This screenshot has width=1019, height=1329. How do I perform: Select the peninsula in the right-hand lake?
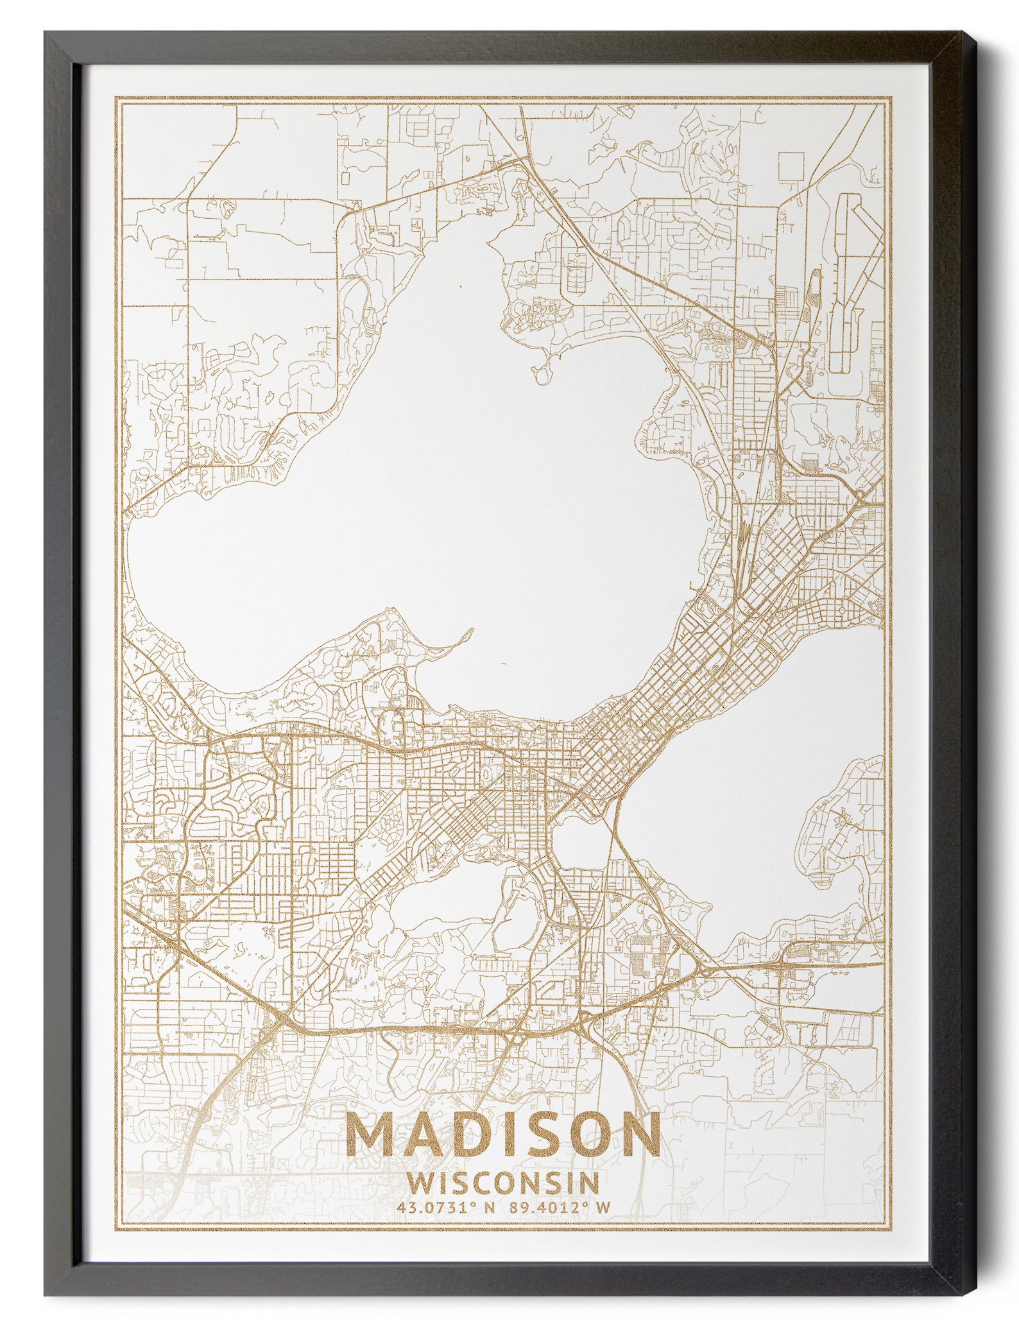tap(841, 828)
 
